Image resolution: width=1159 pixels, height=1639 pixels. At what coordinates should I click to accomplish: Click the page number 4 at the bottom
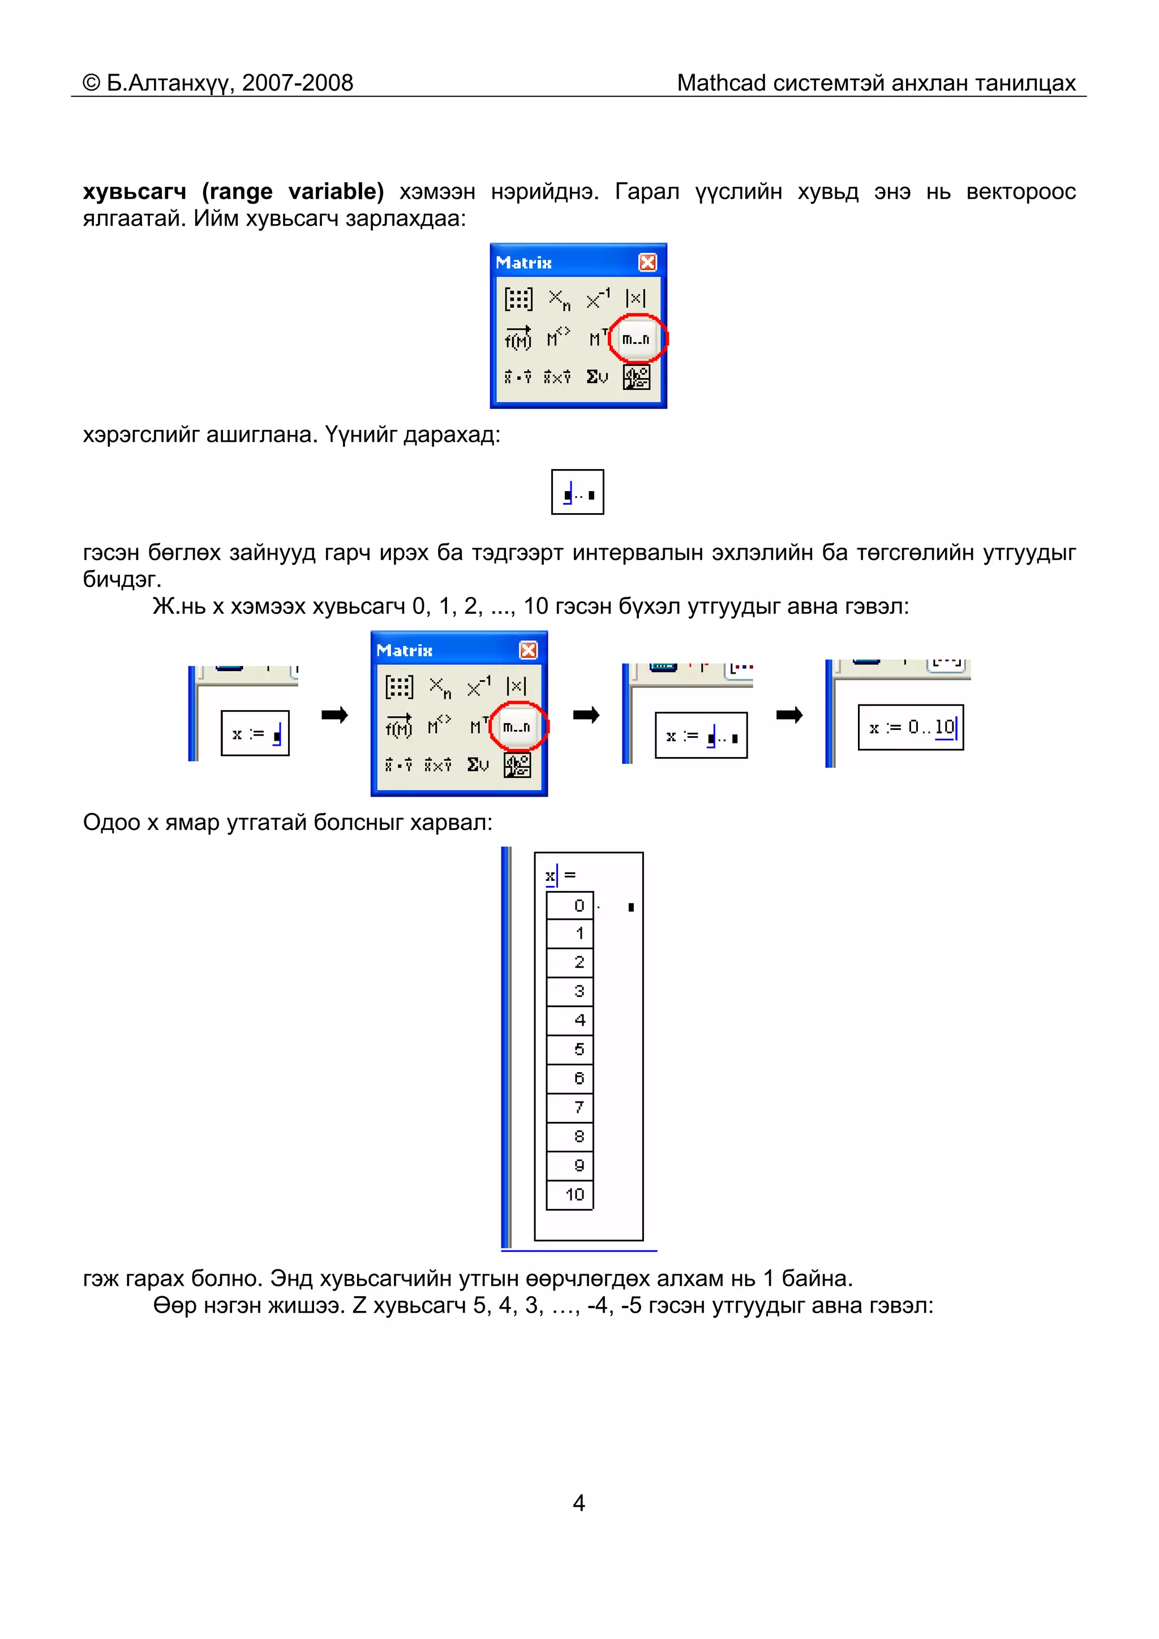pos(579,1503)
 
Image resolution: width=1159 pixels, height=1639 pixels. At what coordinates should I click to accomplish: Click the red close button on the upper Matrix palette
pos(647,263)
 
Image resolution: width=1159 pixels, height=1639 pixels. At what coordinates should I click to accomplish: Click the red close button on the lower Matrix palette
pos(528,650)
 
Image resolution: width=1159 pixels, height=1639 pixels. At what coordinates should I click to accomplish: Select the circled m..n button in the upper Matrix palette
pos(636,339)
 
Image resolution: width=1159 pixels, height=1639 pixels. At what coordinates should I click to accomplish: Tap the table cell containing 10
pos(570,1195)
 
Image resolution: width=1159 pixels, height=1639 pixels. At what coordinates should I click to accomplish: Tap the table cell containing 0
pos(570,906)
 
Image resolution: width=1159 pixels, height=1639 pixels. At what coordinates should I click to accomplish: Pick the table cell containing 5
pos(570,1049)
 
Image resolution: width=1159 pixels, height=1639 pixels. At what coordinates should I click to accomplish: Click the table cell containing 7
pos(570,1108)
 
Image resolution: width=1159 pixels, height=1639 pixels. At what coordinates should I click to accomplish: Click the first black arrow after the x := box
pos(334,715)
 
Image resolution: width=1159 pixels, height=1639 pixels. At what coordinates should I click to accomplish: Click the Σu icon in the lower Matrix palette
pos(478,764)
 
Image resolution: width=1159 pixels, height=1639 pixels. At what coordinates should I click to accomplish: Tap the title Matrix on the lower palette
pos(404,650)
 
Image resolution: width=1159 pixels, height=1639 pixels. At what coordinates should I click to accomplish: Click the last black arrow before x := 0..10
pos(789,715)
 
